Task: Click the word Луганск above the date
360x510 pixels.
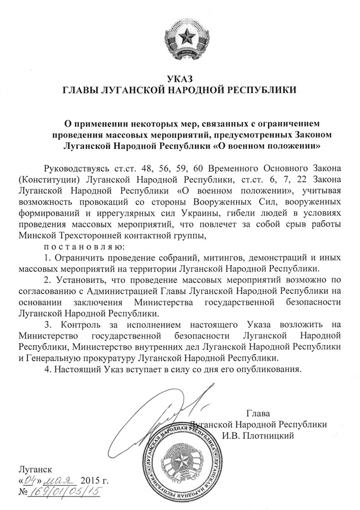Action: pos(33,468)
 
